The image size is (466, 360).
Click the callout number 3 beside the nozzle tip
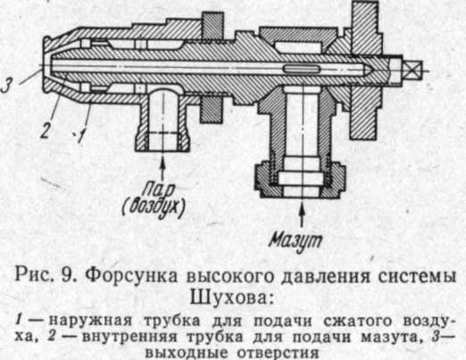pyautogui.click(x=6, y=84)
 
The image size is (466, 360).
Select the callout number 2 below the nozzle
pyautogui.click(x=45, y=130)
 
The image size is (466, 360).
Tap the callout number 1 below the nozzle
pyautogui.click(x=80, y=137)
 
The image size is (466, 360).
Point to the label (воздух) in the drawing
pyautogui.click(x=154, y=206)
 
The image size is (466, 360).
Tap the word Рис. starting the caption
pyautogui.click(x=34, y=275)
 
